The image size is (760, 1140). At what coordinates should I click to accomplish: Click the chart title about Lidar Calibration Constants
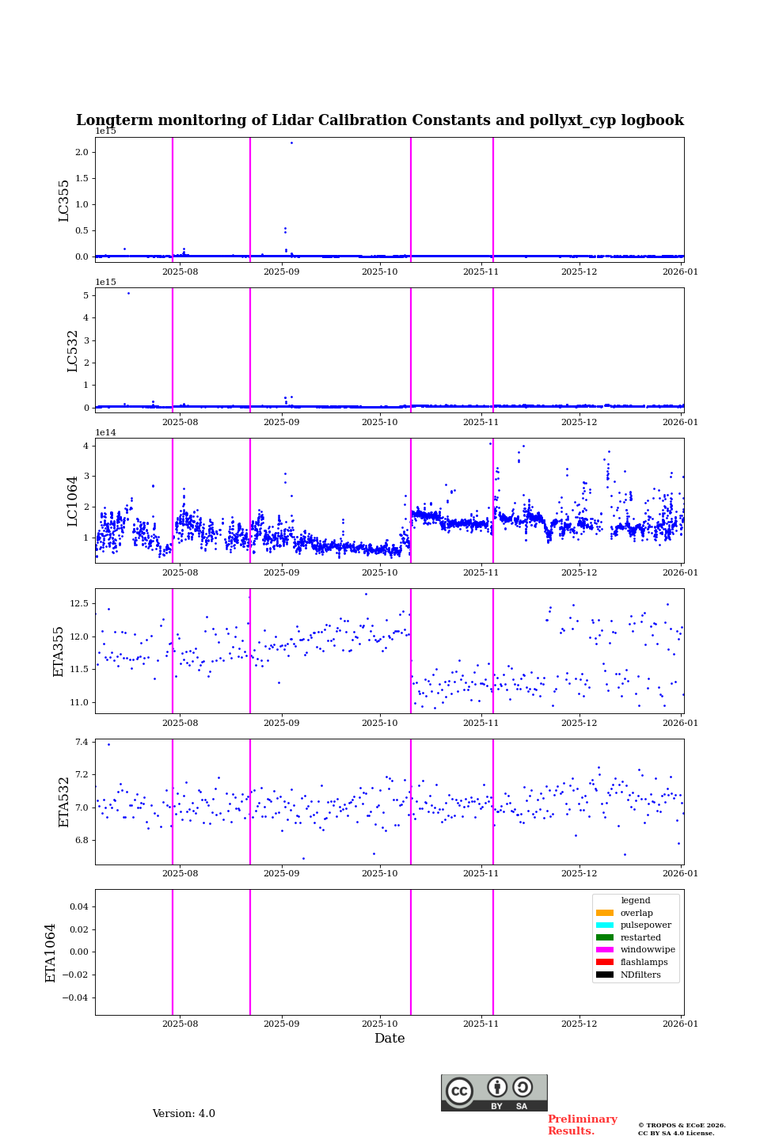tap(379, 120)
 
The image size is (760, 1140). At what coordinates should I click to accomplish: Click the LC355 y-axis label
tap(64, 200)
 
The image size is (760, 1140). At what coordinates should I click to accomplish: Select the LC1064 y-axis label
tap(72, 500)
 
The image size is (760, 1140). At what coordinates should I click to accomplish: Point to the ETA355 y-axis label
tap(59, 651)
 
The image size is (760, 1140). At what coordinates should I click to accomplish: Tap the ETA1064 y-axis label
tap(51, 952)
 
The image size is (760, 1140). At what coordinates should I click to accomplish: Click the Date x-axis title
tap(389, 1039)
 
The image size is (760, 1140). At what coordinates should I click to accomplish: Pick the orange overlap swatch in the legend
tap(605, 913)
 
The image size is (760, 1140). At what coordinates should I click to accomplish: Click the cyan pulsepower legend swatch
tap(605, 925)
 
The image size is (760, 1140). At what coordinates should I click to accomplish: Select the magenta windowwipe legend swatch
tap(605, 950)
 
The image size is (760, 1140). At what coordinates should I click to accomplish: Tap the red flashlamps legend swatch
tap(605, 963)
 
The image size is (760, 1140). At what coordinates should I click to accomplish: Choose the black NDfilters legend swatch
tap(605, 975)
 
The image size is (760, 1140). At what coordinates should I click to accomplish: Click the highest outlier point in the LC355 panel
tap(291, 142)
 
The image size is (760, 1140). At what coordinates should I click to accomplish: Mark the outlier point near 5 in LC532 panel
tap(128, 293)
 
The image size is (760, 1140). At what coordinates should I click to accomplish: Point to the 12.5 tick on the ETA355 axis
tap(79, 603)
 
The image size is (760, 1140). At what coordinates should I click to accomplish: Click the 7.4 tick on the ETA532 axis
tap(82, 742)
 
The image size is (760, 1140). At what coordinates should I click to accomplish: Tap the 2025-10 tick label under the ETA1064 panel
tap(380, 1024)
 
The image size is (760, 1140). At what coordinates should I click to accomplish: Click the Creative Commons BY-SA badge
tap(494, 1092)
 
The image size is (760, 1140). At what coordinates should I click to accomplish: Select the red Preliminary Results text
tap(582, 1125)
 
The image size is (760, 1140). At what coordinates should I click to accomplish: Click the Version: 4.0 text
tap(184, 1114)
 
